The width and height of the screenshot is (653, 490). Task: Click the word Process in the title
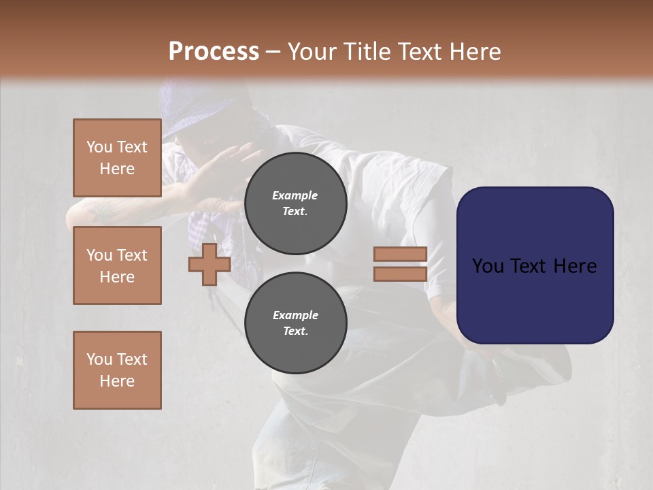point(214,52)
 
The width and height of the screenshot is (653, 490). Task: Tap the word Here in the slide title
point(473,52)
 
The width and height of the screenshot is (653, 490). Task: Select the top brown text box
point(117,158)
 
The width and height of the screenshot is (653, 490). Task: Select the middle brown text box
point(117,265)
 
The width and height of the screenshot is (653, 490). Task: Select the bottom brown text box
point(117,370)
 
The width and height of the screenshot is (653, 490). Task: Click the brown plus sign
point(210,264)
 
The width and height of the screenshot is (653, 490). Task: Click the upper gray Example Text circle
point(295,203)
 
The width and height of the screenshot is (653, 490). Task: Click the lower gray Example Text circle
point(295,323)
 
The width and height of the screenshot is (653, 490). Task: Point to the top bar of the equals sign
point(400,255)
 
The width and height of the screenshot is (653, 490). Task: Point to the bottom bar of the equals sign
point(400,274)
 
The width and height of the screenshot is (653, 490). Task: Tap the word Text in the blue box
point(535,266)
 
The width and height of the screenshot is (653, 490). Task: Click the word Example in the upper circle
point(295,195)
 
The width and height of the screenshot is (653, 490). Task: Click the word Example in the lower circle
point(295,315)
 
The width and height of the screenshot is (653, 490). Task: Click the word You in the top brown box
point(99,147)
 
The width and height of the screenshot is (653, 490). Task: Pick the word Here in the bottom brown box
point(117,381)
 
